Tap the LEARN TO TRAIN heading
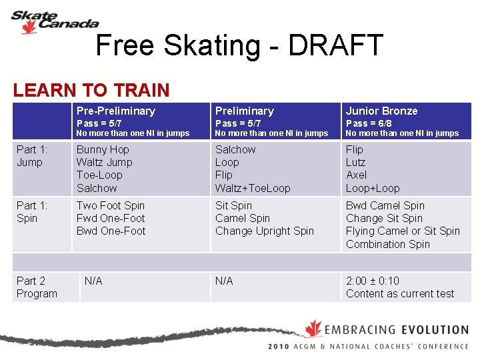pos(91,90)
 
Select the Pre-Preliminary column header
pos(115,111)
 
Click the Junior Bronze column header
pos(381,111)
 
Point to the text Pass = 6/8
pos(369,123)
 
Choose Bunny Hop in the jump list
pos(103,149)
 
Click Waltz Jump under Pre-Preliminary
pos(104,162)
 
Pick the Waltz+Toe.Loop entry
pos(253,188)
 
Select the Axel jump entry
pos(356,175)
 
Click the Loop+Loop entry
pos(373,188)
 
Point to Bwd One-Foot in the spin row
pos(111,231)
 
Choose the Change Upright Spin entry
pos(264,231)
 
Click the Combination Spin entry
pos(388,244)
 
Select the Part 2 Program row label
pos(37,287)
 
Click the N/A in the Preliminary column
pos(224,281)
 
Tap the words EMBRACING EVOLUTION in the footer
pos(397,329)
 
